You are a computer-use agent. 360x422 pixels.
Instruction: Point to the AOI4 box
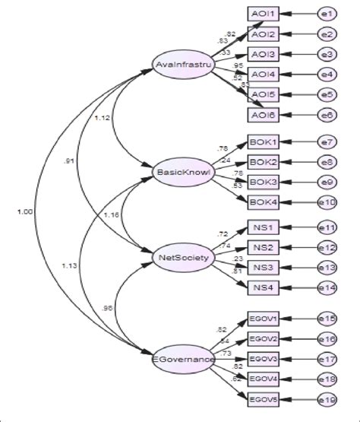point(264,74)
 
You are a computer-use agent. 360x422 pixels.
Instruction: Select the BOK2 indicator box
point(264,161)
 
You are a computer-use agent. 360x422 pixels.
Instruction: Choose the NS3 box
point(264,267)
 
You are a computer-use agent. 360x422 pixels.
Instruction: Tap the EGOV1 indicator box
point(264,319)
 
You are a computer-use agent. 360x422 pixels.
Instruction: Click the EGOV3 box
point(264,359)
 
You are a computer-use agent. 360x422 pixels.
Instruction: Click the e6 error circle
point(327,114)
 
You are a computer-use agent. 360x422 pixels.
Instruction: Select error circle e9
point(327,181)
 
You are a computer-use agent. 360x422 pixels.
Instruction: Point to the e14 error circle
point(328,287)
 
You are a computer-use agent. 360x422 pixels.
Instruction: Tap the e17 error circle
point(327,359)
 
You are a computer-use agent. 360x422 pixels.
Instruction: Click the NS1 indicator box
point(264,227)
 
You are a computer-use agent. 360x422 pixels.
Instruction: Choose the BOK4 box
point(264,201)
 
